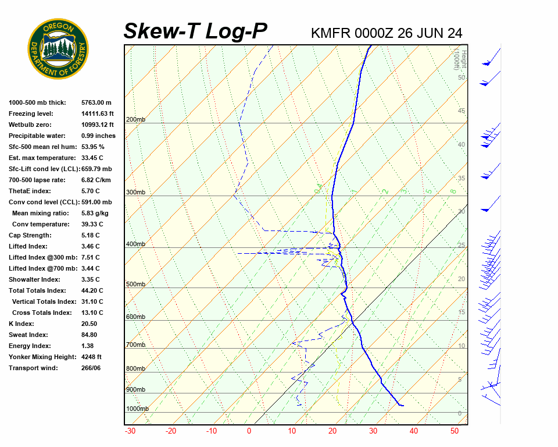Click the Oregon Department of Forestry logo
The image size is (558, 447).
click(58, 48)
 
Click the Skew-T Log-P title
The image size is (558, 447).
click(195, 31)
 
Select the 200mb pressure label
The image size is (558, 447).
click(135, 120)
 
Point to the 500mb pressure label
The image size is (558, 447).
click(135, 284)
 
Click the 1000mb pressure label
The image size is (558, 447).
click(137, 409)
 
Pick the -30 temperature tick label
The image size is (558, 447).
click(130, 431)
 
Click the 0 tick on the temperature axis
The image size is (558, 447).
click(249, 431)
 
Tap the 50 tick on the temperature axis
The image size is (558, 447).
click(455, 431)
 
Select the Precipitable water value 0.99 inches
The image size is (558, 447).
click(98, 136)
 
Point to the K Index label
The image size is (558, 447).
click(21, 324)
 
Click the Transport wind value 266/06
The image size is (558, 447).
click(91, 368)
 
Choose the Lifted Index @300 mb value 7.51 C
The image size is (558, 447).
click(90, 257)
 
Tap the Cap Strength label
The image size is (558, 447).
click(30, 235)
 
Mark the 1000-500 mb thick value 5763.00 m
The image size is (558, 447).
click(96, 102)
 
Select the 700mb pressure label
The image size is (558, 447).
click(135, 345)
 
